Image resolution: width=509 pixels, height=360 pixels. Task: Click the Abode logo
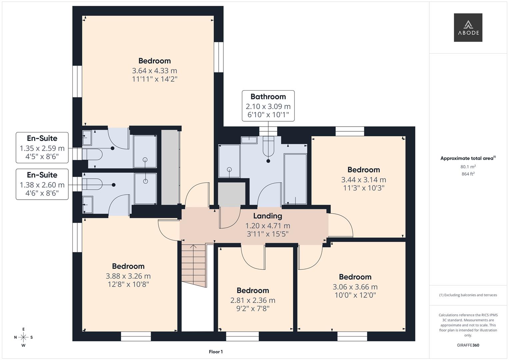tap(468, 28)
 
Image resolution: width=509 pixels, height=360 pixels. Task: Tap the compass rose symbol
tap(23, 337)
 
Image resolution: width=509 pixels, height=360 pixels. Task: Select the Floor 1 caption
tap(216, 352)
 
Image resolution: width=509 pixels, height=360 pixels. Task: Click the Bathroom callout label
tap(268, 106)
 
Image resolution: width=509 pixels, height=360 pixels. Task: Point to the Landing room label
tap(267, 216)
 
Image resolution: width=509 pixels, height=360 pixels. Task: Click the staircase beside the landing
tap(194, 265)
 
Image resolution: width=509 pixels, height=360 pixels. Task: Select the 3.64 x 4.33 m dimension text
tap(154, 71)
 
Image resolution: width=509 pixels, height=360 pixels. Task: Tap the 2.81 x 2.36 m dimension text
tap(253, 300)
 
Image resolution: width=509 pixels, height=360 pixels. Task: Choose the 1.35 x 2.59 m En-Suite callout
tap(42, 148)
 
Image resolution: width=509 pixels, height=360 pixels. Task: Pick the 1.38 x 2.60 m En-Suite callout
tap(42, 184)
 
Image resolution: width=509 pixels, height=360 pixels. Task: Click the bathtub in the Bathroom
tap(295, 179)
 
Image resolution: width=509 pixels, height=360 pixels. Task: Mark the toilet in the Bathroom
tap(268, 147)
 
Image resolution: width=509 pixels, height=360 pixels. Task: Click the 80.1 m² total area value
tap(468, 167)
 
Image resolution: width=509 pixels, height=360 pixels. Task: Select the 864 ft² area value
tap(468, 174)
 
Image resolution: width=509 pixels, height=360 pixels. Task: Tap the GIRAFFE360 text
tap(468, 345)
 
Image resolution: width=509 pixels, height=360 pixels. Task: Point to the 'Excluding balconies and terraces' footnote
tap(468, 295)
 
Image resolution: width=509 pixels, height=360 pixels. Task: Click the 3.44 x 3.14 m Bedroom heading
tap(363, 170)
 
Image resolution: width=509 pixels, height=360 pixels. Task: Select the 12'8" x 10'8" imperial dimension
tap(128, 284)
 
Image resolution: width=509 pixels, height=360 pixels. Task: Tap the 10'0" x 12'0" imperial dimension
tap(355, 295)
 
